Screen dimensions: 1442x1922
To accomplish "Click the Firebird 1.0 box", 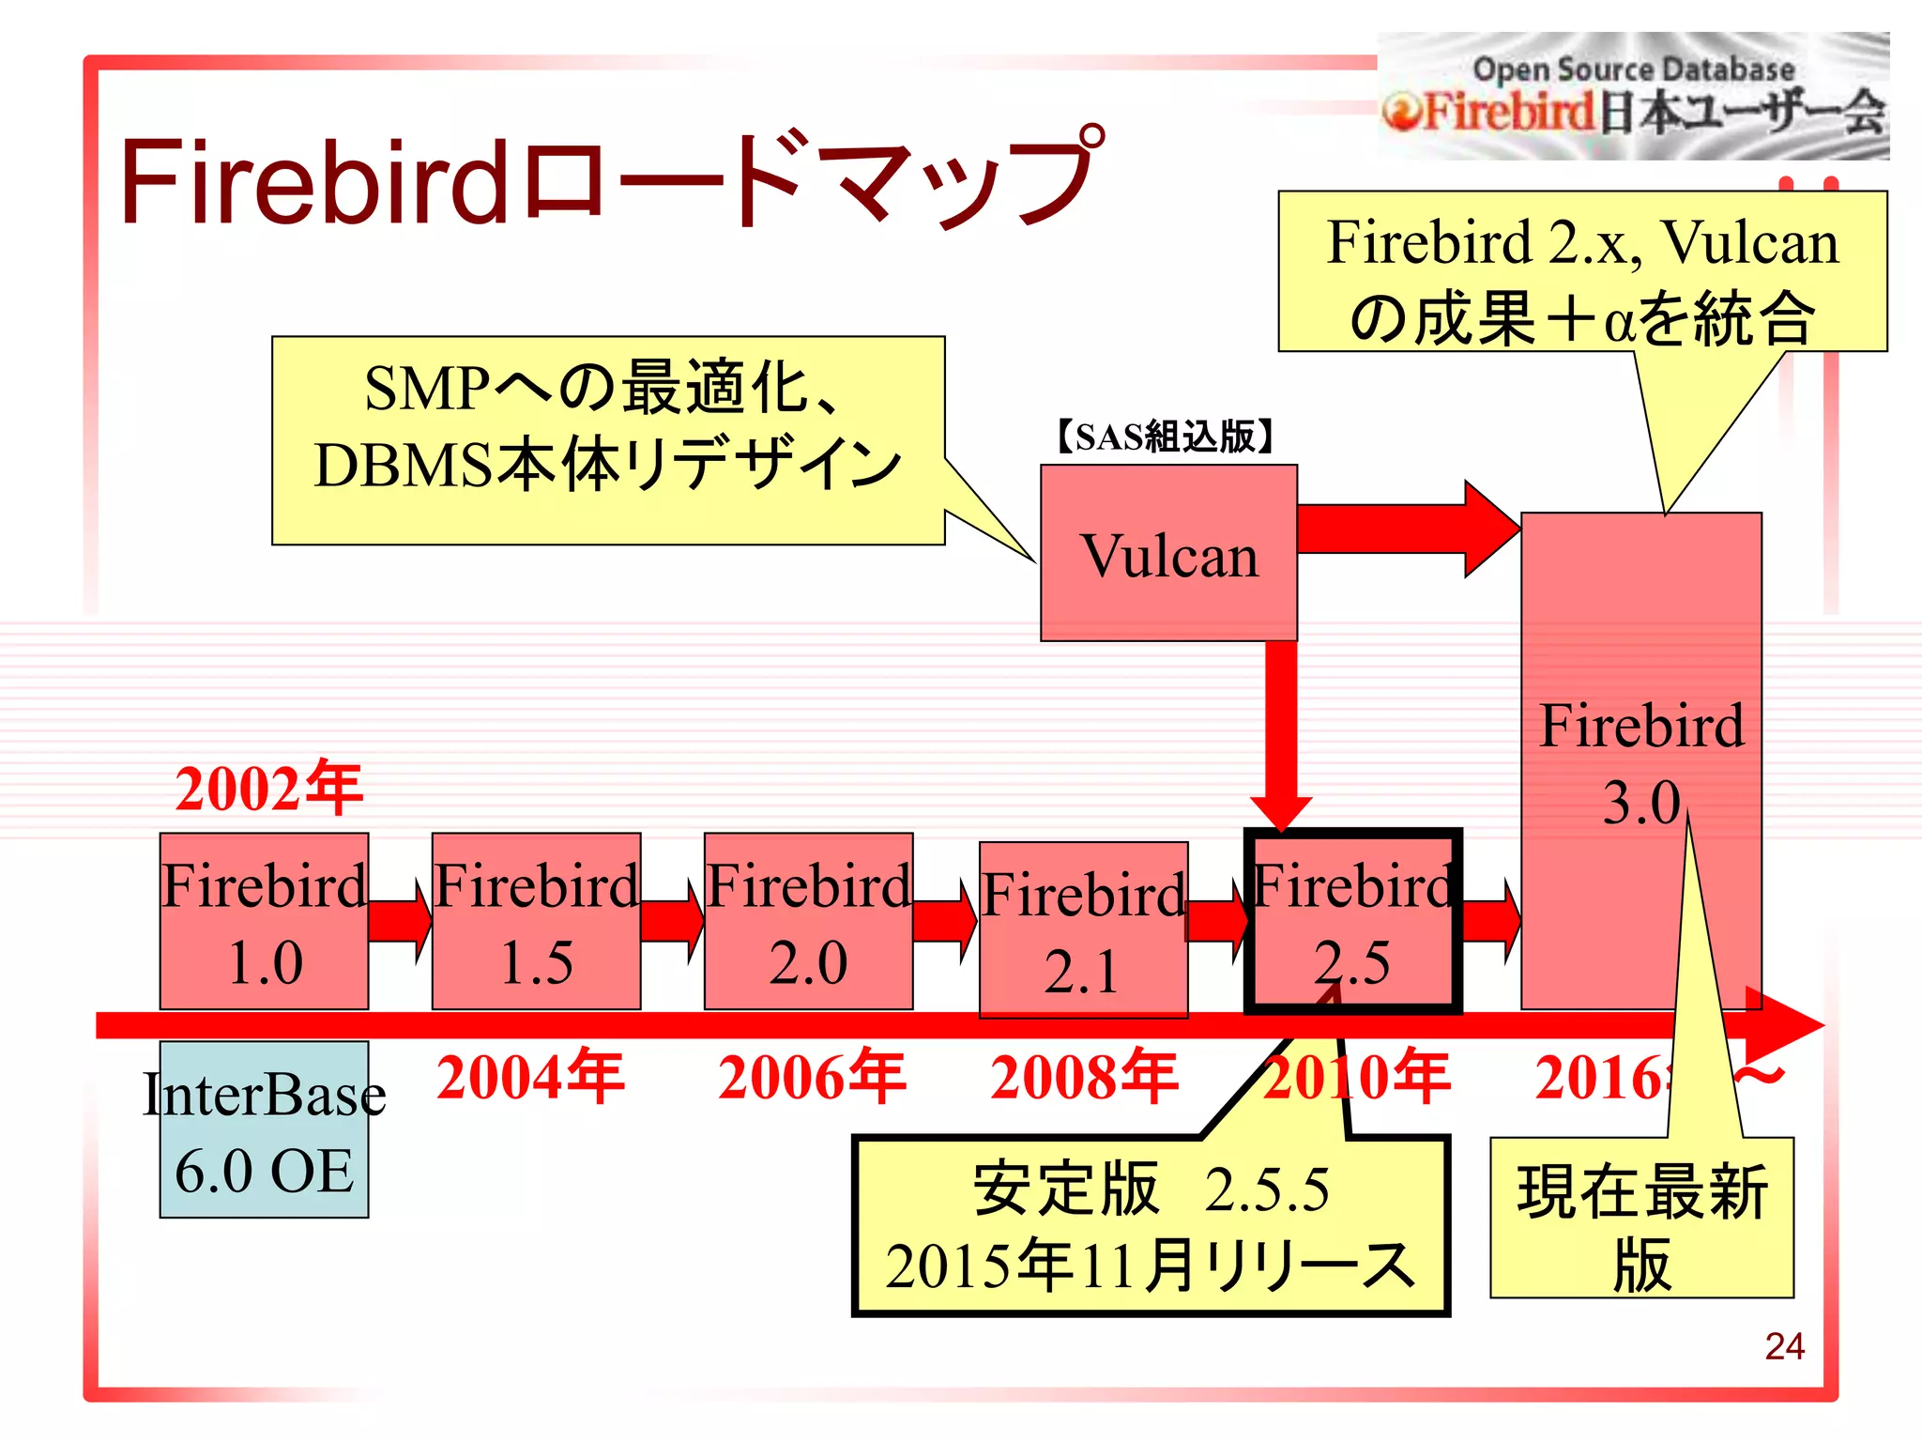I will coord(264,922).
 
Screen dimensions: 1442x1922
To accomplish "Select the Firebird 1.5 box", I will coord(536,922).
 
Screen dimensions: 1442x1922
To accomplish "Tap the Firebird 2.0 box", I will coord(808,922).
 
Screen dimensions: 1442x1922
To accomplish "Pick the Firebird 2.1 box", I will coord(1083,929).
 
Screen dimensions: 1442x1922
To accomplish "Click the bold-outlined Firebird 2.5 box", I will coord(1352,922).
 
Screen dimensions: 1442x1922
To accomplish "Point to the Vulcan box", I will coord(1168,554).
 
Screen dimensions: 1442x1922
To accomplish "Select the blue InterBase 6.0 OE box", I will coord(264,1129).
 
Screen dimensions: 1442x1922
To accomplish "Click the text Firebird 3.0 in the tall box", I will coord(1640,762).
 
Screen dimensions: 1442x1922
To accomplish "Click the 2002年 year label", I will coord(268,789).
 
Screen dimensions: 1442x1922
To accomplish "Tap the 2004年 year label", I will coord(530,1077).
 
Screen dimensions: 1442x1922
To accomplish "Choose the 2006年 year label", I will coord(812,1077).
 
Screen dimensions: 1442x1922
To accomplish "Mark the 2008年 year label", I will coord(1084,1077).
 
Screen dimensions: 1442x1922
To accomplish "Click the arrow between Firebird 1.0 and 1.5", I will coord(399,921).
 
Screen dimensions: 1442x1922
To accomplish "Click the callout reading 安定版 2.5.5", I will coord(1151,1226).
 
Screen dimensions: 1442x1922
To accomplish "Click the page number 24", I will coord(1783,1346).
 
